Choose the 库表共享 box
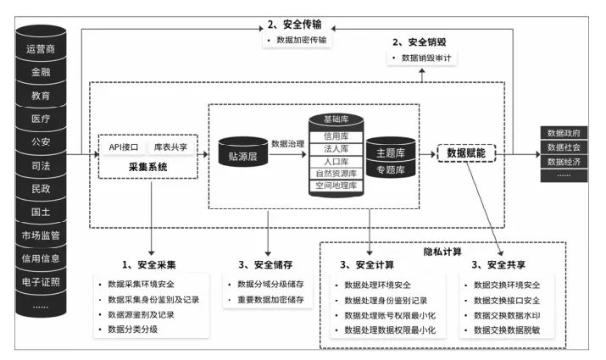(x=170, y=147)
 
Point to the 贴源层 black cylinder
(x=243, y=156)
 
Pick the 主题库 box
(x=390, y=153)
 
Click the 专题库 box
(x=390, y=169)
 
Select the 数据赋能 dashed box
(x=466, y=153)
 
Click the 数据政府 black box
(x=564, y=133)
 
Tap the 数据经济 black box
(x=564, y=161)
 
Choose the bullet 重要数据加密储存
(x=270, y=301)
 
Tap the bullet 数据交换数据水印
(x=513, y=316)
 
